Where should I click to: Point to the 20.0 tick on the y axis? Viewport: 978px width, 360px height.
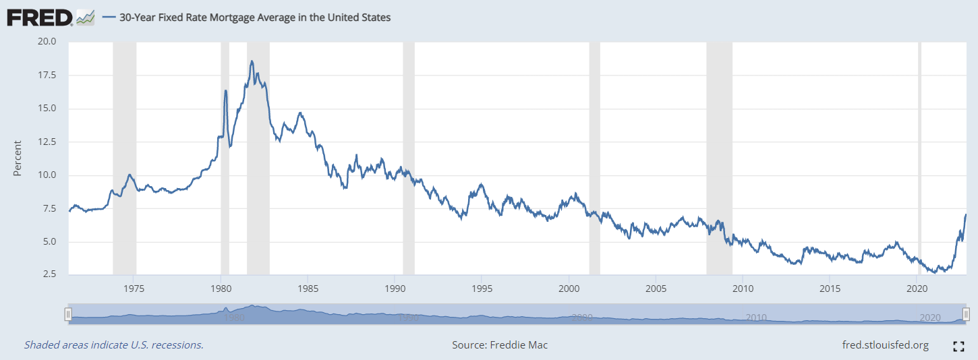pyautogui.click(x=47, y=41)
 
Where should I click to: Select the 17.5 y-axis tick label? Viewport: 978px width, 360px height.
pyautogui.click(x=47, y=75)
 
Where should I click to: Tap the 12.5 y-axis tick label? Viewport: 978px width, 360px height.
pyautogui.click(x=47, y=142)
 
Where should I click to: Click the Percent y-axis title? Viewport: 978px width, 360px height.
pyautogui.click(x=18, y=158)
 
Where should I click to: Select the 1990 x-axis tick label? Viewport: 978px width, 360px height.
pyautogui.click(x=395, y=289)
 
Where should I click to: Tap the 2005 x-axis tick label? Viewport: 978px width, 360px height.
pyautogui.click(x=656, y=289)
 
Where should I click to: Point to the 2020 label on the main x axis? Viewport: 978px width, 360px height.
pyautogui.click(x=917, y=289)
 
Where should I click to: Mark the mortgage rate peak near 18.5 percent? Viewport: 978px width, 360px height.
pyautogui.click(x=252, y=61)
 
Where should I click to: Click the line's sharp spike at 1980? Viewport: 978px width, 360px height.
pyautogui.click(x=225, y=90)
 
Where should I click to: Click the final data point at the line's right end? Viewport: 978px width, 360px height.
pyautogui.click(x=966, y=214)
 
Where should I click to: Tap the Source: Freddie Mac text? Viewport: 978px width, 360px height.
pyautogui.click(x=500, y=345)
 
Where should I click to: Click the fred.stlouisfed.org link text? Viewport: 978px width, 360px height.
pyautogui.click(x=885, y=345)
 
